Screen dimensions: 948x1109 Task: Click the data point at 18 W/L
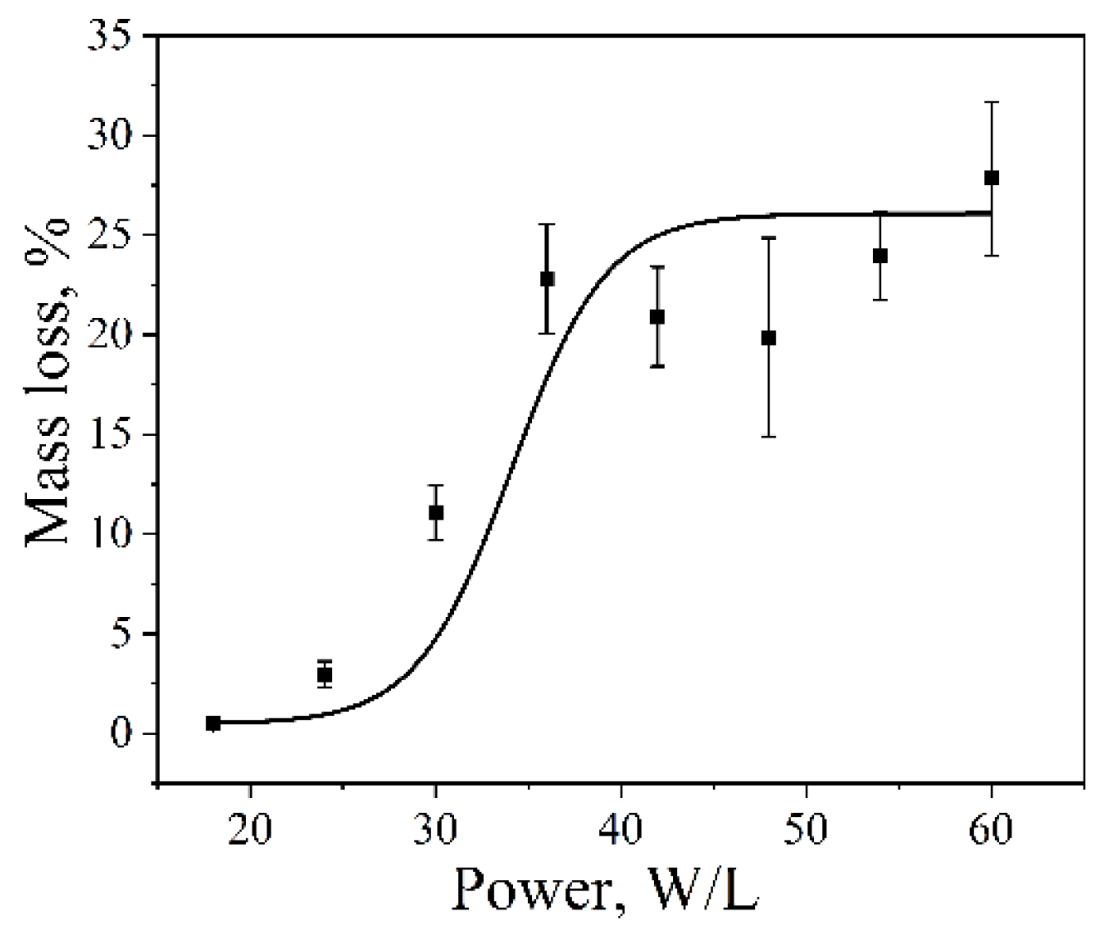pyautogui.click(x=213, y=723)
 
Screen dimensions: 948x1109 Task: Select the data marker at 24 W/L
pyautogui.click(x=325, y=675)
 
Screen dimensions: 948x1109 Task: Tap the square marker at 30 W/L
pyautogui.click(x=436, y=512)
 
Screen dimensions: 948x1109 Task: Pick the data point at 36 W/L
pyautogui.click(x=547, y=279)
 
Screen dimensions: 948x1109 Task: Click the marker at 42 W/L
pyautogui.click(x=657, y=316)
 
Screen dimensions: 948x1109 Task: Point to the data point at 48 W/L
pyautogui.click(x=768, y=338)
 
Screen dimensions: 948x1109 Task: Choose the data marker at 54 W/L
pyautogui.click(x=880, y=256)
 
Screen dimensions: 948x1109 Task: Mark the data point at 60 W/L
pyautogui.click(x=992, y=178)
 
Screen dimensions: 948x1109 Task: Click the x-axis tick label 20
pyautogui.click(x=250, y=829)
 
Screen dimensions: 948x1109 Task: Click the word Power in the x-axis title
pyautogui.click(x=533, y=889)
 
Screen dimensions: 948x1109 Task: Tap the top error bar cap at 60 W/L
pyautogui.click(x=992, y=102)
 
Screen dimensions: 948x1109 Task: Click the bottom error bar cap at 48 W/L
pyautogui.click(x=768, y=436)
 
